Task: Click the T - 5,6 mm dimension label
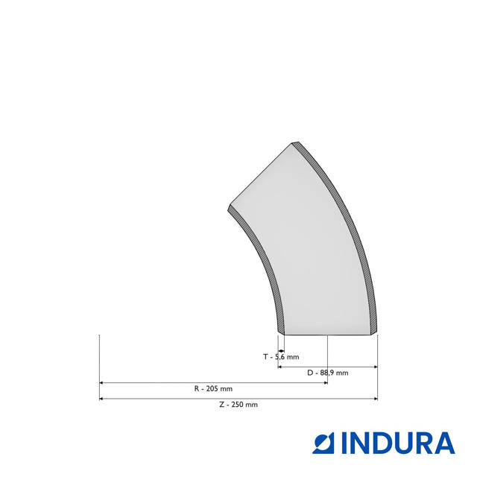[x=281, y=357]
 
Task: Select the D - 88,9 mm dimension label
[x=328, y=373]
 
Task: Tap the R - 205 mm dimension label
[x=213, y=388]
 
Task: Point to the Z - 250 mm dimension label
[x=238, y=405]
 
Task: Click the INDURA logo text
[x=398, y=443]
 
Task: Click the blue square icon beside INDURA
[x=323, y=443]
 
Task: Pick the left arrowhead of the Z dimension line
[x=101, y=399]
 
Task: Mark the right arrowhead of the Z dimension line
[x=376, y=399]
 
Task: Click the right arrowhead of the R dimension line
[x=325, y=382]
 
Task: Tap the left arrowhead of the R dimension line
[x=101, y=382]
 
